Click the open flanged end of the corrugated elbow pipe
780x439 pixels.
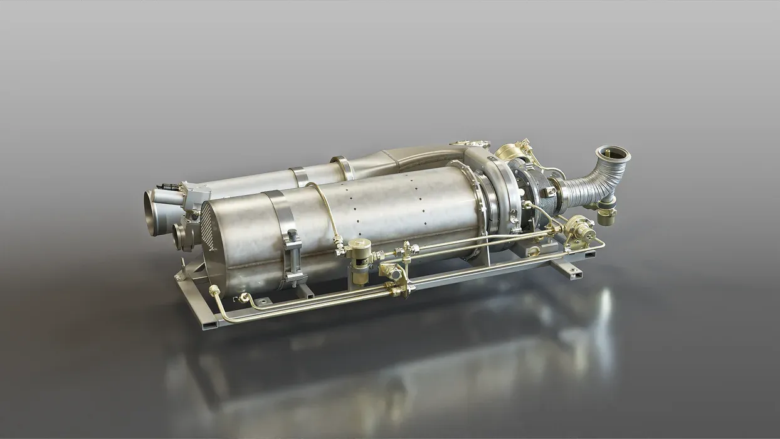pos(613,154)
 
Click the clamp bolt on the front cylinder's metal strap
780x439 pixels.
pos(292,237)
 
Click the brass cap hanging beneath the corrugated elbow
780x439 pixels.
pos(606,216)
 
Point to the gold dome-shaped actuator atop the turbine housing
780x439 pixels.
pos(508,153)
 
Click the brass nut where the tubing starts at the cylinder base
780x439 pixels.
pos(214,290)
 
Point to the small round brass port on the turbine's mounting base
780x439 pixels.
pos(534,251)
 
